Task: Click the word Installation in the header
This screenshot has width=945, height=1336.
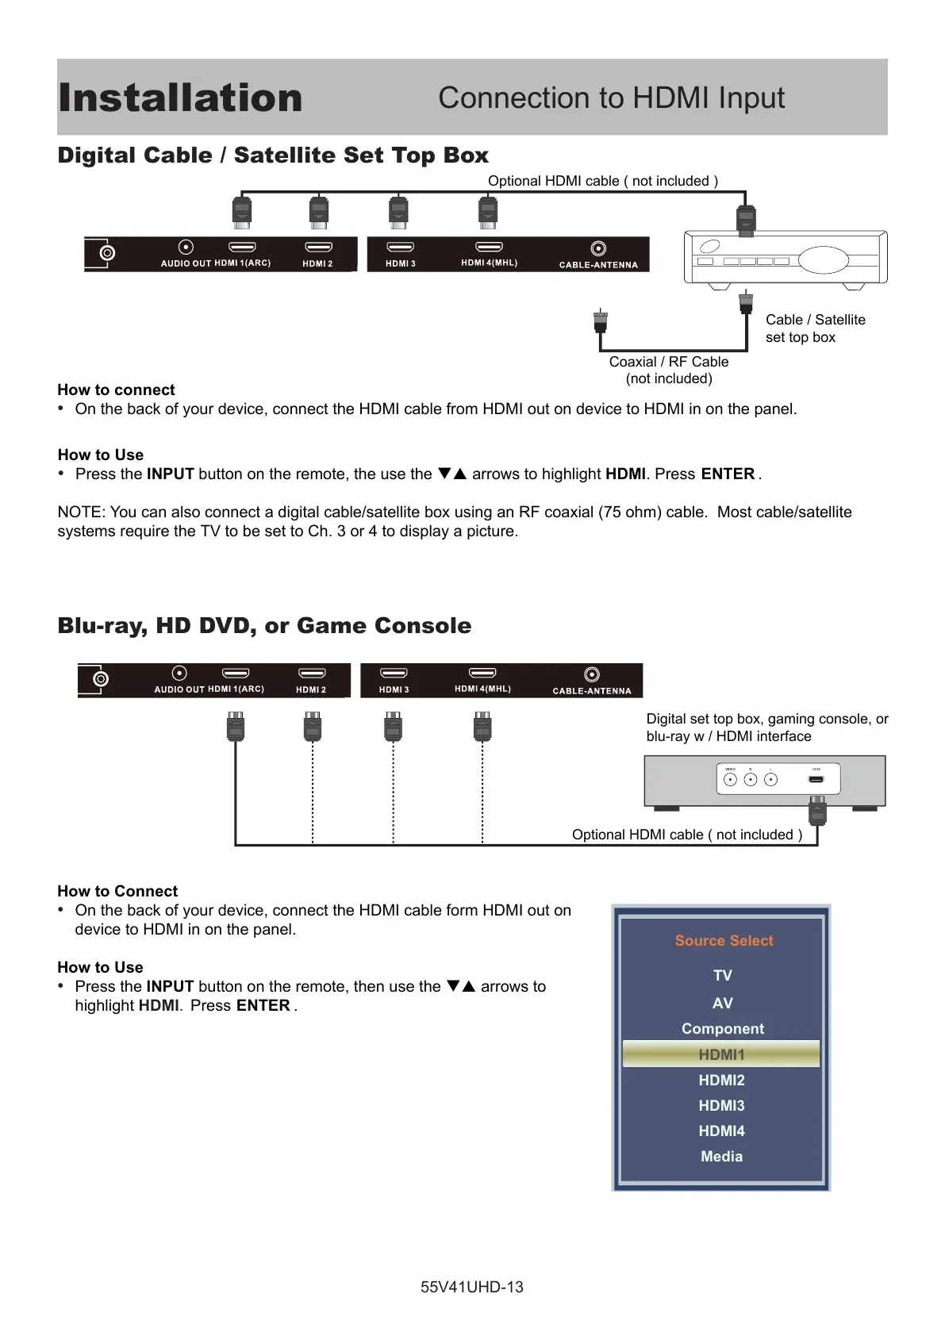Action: (x=180, y=98)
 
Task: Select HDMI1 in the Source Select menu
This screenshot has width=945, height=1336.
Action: (x=721, y=1054)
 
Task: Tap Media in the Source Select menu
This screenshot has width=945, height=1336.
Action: (x=721, y=1156)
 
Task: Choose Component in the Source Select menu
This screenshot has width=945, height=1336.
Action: (x=722, y=1028)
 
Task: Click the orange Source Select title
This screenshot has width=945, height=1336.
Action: (x=724, y=940)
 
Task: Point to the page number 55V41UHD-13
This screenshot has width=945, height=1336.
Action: (x=471, y=1287)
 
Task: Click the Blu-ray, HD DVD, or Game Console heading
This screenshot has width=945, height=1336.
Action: (x=264, y=626)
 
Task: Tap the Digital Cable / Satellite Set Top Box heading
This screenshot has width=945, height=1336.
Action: (x=273, y=155)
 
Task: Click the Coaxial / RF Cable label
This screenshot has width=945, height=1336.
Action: (x=668, y=362)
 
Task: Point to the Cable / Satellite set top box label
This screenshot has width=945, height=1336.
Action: (x=815, y=328)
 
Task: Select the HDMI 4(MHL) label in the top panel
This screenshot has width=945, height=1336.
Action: (x=489, y=263)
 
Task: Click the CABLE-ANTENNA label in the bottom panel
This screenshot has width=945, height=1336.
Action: (x=592, y=691)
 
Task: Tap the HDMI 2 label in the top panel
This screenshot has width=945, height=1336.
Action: (x=317, y=263)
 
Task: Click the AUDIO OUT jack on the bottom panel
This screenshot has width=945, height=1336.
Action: (x=180, y=674)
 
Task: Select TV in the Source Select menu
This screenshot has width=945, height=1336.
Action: (x=722, y=975)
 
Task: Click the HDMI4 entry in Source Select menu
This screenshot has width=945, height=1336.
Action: (x=721, y=1131)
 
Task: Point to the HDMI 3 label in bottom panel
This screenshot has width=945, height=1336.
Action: (x=394, y=689)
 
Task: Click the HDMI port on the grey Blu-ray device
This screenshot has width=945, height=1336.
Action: (x=816, y=779)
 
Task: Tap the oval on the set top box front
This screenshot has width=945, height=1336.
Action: (x=823, y=259)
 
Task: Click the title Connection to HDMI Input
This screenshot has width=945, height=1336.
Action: (x=611, y=98)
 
